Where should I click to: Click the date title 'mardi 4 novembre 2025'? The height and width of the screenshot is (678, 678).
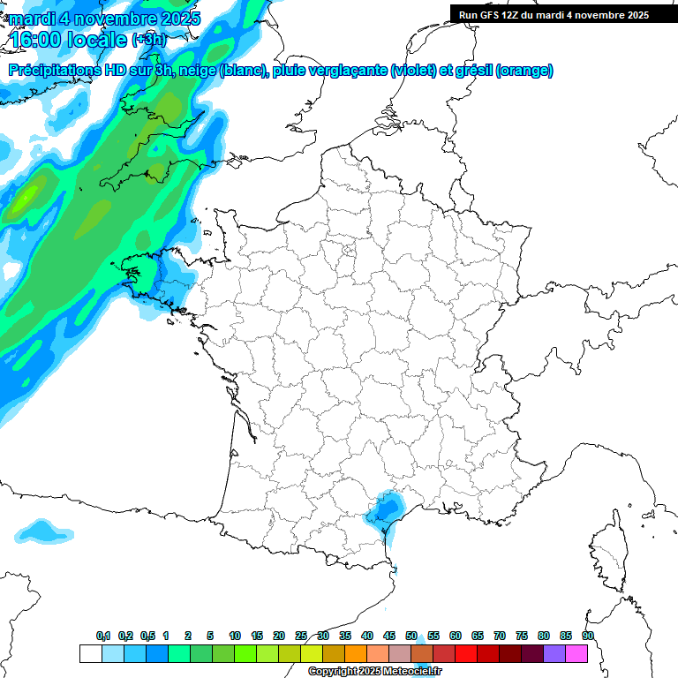click(x=104, y=18)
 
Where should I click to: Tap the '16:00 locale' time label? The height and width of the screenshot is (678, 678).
click(x=69, y=39)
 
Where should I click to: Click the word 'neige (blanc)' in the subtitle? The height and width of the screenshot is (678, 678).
click(x=225, y=71)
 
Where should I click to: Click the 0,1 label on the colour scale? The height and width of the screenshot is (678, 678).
click(x=102, y=636)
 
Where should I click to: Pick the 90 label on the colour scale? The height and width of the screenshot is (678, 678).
click(x=587, y=636)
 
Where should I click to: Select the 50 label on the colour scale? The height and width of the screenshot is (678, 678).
click(x=411, y=636)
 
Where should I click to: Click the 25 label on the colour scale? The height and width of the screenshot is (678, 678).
click(x=301, y=636)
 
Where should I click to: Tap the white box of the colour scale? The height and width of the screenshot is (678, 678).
click(x=90, y=653)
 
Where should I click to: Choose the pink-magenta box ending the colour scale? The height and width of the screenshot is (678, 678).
click(x=576, y=653)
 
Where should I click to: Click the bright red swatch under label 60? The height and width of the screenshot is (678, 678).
click(x=466, y=653)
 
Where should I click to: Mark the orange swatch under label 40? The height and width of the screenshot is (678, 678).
click(x=356, y=653)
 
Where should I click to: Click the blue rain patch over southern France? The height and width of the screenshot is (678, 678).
click(x=386, y=509)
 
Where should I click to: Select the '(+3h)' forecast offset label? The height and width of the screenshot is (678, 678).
click(x=148, y=40)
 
